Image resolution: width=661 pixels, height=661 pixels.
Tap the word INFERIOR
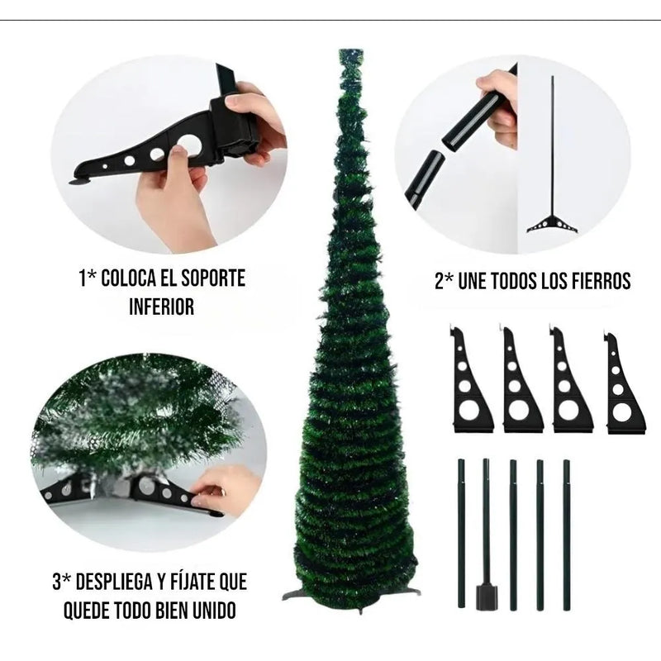161,307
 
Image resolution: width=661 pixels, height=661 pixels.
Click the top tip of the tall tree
351,54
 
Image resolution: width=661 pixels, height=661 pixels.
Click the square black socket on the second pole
486,596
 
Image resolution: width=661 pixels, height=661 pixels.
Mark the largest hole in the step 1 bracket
189,145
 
